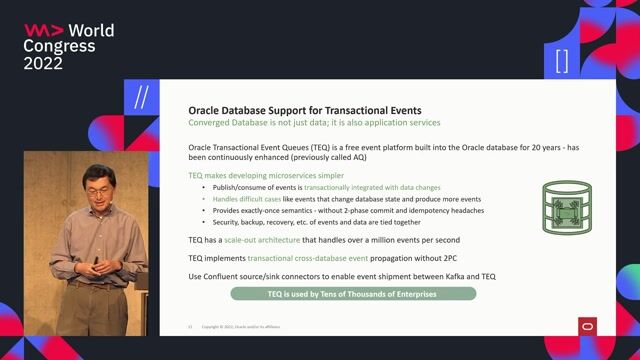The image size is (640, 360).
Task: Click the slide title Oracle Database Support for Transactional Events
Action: [x=305, y=109]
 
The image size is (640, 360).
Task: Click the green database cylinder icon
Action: [x=564, y=208]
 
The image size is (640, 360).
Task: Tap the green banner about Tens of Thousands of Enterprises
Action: [x=353, y=294]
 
